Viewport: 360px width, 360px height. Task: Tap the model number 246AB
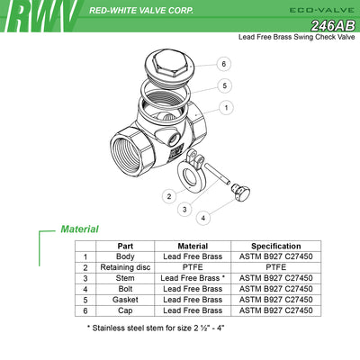point(333,26)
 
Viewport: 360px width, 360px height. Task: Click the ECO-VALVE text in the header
point(322,10)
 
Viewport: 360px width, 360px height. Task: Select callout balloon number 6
point(224,64)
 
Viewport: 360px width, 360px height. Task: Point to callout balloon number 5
point(225,85)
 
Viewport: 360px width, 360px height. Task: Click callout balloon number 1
point(226,107)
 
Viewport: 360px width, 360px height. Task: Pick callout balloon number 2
point(169,196)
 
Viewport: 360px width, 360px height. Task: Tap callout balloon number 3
point(184,209)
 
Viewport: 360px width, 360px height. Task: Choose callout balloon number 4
point(203,218)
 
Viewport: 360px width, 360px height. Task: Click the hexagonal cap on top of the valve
point(169,68)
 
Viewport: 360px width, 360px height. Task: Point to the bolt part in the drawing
point(241,193)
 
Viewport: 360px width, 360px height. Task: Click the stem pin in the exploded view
point(218,174)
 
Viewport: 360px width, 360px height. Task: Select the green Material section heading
point(79,229)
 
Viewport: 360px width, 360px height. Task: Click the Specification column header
point(276,247)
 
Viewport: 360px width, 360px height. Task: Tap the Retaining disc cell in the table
point(125,267)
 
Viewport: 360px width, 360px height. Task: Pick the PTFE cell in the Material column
point(193,267)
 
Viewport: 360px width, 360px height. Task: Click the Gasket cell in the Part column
point(125,300)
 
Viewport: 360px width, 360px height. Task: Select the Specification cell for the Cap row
point(276,310)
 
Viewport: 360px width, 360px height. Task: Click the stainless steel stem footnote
point(156,328)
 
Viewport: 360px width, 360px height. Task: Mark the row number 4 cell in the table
point(85,289)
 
